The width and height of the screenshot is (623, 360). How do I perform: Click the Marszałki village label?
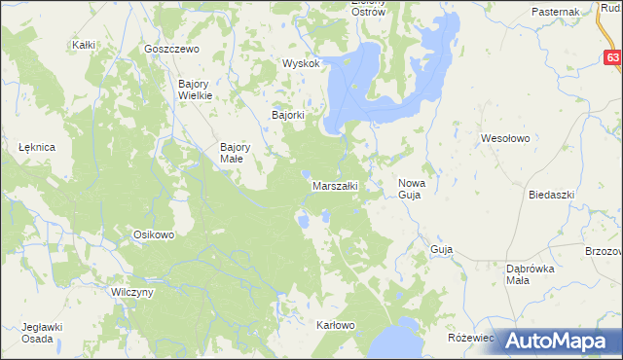[x=335, y=185]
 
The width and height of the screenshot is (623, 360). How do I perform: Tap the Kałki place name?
[x=83, y=45]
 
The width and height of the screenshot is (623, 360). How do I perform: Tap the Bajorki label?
[x=288, y=115]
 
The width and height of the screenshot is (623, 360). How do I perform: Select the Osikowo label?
[x=153, y=234]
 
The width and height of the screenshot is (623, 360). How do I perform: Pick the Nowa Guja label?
[x=410, y=189]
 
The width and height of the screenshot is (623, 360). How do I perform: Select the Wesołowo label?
[x=505, y=139]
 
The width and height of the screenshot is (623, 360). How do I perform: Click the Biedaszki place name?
[x=552, y=195]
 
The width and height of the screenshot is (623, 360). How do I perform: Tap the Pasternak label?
[x=556, y=11]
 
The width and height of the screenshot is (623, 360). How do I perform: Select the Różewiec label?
[x=472, y=337]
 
